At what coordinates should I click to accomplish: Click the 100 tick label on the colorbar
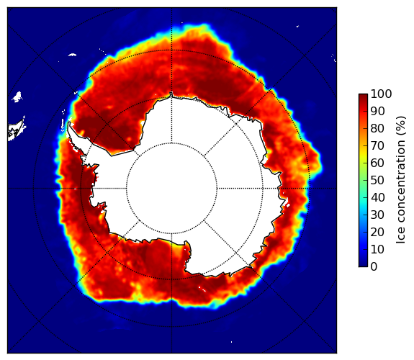[x=381, y=94]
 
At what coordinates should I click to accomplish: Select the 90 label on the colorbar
[x=377, y=112]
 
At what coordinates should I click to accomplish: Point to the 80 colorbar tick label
[x=377, y=129]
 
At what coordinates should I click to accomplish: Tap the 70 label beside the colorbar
[x=377, y=145]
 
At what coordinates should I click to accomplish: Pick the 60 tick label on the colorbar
[x=377, y=163]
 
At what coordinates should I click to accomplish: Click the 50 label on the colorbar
[x=377, y=181]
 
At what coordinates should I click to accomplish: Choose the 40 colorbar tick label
[x=377, y=197]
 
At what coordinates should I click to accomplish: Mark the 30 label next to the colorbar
[x=377, y=215]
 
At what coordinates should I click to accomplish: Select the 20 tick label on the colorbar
[x=377, y=232]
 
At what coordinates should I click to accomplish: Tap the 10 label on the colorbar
[x=377, y=249]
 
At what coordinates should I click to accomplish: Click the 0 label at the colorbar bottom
[x=374, y=267]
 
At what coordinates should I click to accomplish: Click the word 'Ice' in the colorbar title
[x=401, y=236]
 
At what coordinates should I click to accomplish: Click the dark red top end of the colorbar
[x=363, y=96]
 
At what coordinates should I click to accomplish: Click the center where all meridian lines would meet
[x=171, y=189]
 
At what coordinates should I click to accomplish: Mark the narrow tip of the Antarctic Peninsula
[x=69, y=123]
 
